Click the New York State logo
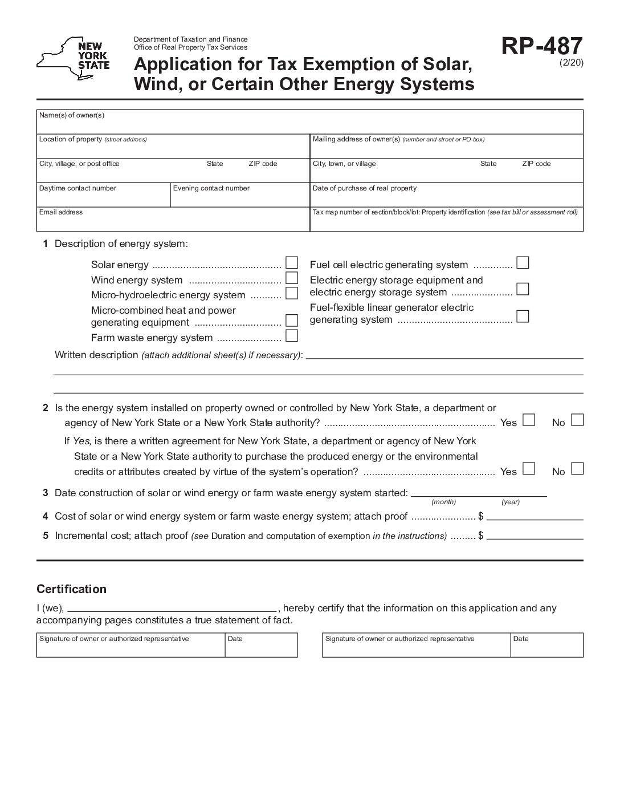[x=73, y=59]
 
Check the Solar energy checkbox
[x=292, y=263]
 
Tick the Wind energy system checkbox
[x=292, y=278]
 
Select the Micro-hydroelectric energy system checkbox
[x=292, y=293]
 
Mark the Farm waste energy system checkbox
[x=292, y=335]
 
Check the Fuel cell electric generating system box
[x=523, y=263]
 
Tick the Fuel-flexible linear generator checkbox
[x=523, y=316]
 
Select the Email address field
[x=173, y=221]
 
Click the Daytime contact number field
[x=103, y=197]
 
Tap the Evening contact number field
[x=239, y=197]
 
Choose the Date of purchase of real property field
[x=446, y=197]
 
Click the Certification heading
[x=71, y=589]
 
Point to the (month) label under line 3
[x=443, y=502]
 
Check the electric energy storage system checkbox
[x=523, y=289]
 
